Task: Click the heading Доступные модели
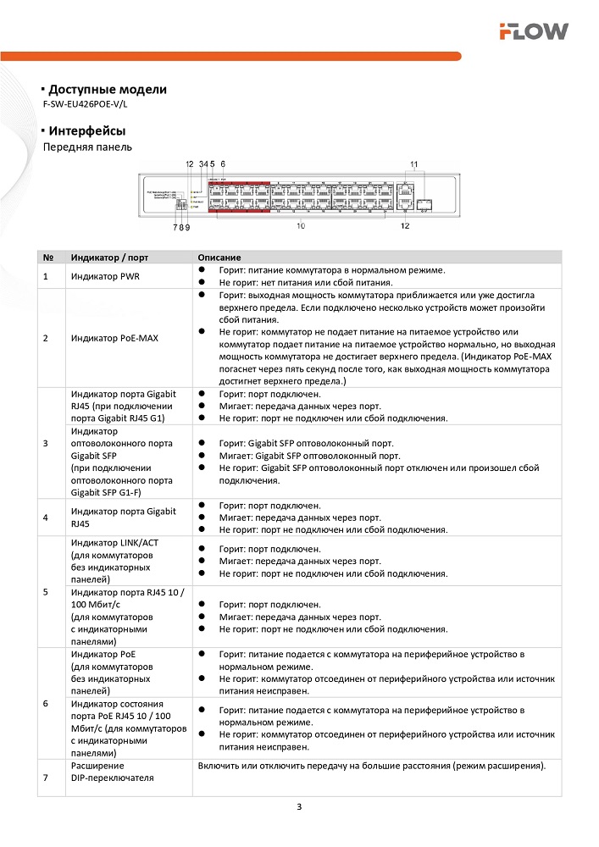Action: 107,90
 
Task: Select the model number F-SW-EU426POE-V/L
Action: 90,104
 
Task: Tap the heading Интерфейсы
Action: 87,131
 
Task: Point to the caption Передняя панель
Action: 87,147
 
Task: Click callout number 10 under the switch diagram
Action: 300,226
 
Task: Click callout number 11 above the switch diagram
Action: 414,163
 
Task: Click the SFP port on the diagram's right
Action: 424,203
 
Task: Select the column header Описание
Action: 219,257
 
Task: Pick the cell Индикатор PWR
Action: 106,276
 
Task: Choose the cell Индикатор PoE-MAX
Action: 114,338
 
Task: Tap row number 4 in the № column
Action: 45,517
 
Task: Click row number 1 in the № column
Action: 45,276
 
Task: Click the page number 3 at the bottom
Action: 299,806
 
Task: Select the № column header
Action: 47,257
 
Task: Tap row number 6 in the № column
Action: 45,703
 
